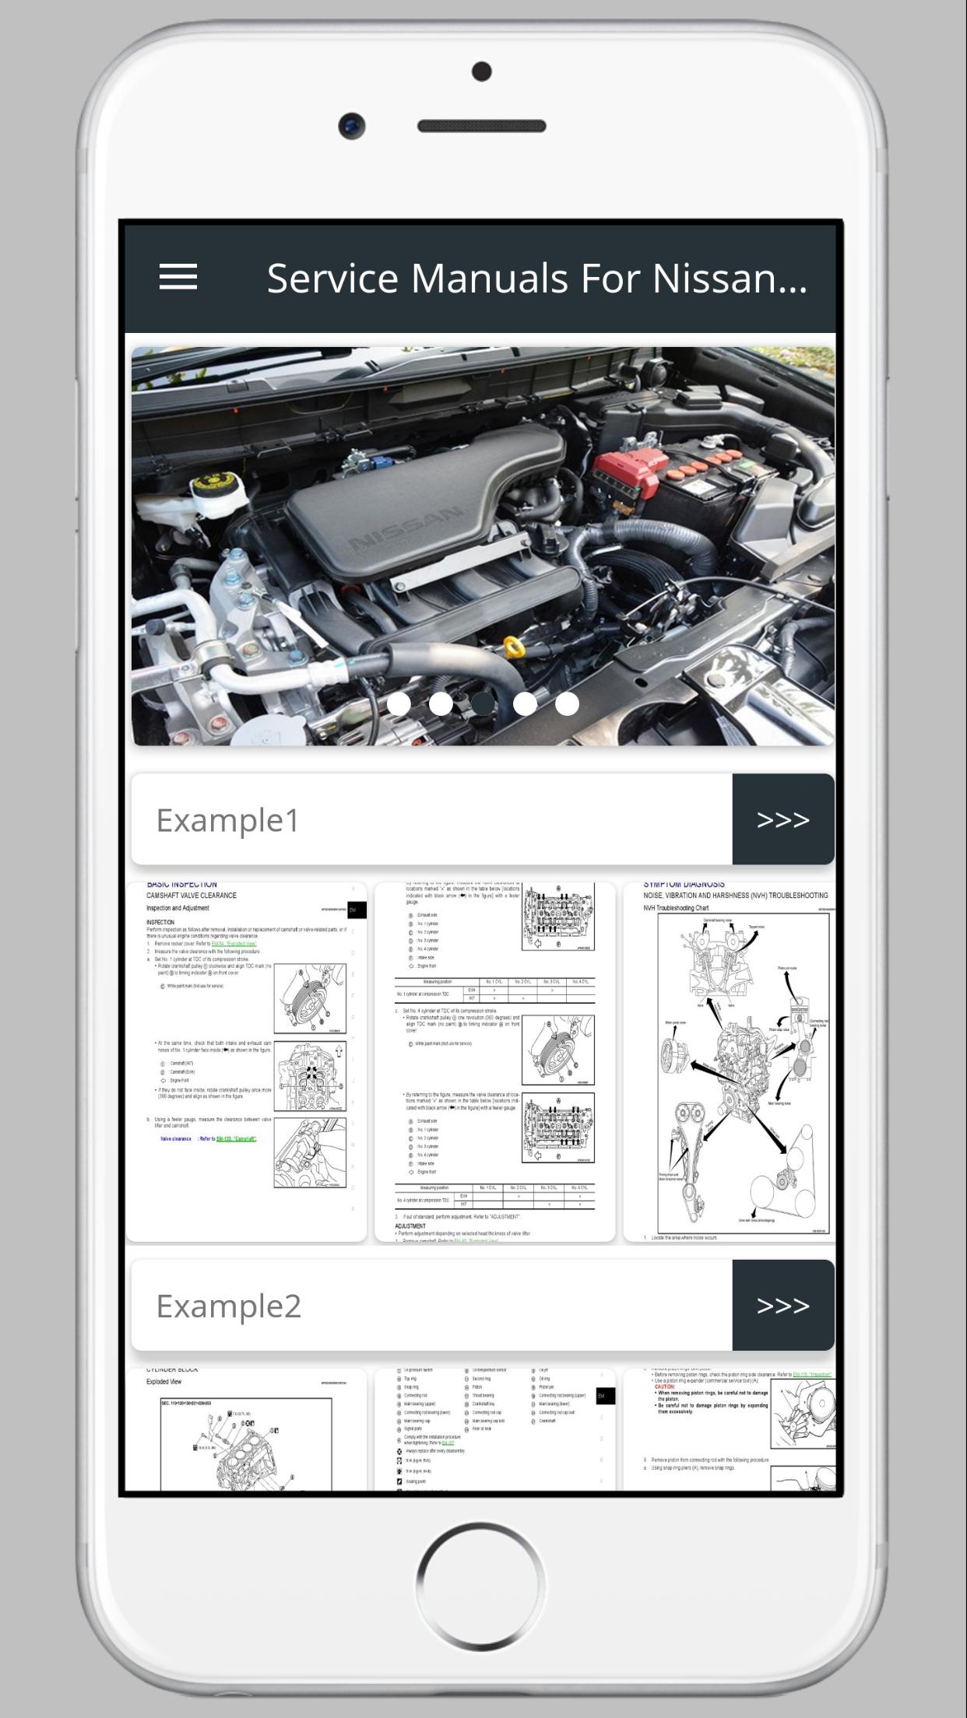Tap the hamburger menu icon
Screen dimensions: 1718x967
[178, 277]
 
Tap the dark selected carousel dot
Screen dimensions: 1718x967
[483, 703]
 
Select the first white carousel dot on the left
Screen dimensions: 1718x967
[399, 703]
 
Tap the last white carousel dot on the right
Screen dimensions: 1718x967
[567, 703]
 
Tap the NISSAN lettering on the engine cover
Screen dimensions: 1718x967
[406, 530]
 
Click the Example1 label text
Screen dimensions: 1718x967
[227, 820]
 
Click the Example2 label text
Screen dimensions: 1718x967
[228, 1306]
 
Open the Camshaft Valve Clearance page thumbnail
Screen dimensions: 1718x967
[246, 1061]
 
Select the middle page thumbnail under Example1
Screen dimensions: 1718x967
[494, 1061]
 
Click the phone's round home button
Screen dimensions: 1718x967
[480, 1585]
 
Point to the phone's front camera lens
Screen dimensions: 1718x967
[352, 125]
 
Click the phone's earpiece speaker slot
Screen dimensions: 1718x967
[481, 126]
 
